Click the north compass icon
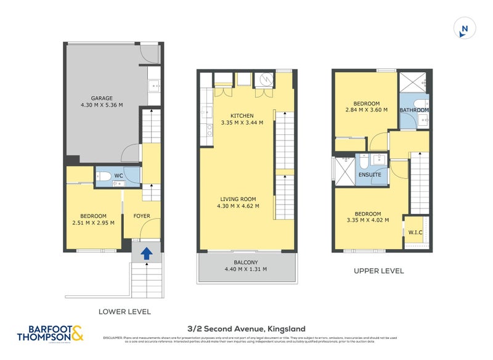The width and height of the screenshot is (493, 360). click(465, 28)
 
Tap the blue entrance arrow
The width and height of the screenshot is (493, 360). click(147, 253)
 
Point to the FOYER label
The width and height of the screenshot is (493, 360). click(142, 216)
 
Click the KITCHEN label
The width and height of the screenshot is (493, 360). click(242, 116)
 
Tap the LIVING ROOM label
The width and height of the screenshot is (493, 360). click(237, 198)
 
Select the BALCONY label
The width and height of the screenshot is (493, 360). click(246, 261)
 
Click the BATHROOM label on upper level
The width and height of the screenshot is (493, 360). click(414, 110)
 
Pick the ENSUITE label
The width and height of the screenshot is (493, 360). click(370, 175)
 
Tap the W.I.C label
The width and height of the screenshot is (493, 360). click(415, 232)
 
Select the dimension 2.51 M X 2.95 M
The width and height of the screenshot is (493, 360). click(94, 223)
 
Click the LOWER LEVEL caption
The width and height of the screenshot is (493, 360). click(124, 311)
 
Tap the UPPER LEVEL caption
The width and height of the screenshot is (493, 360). click(378, 271)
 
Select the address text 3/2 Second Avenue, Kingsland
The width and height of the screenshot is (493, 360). click(246, 329)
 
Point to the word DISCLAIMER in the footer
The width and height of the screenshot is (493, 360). click(112, 338)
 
